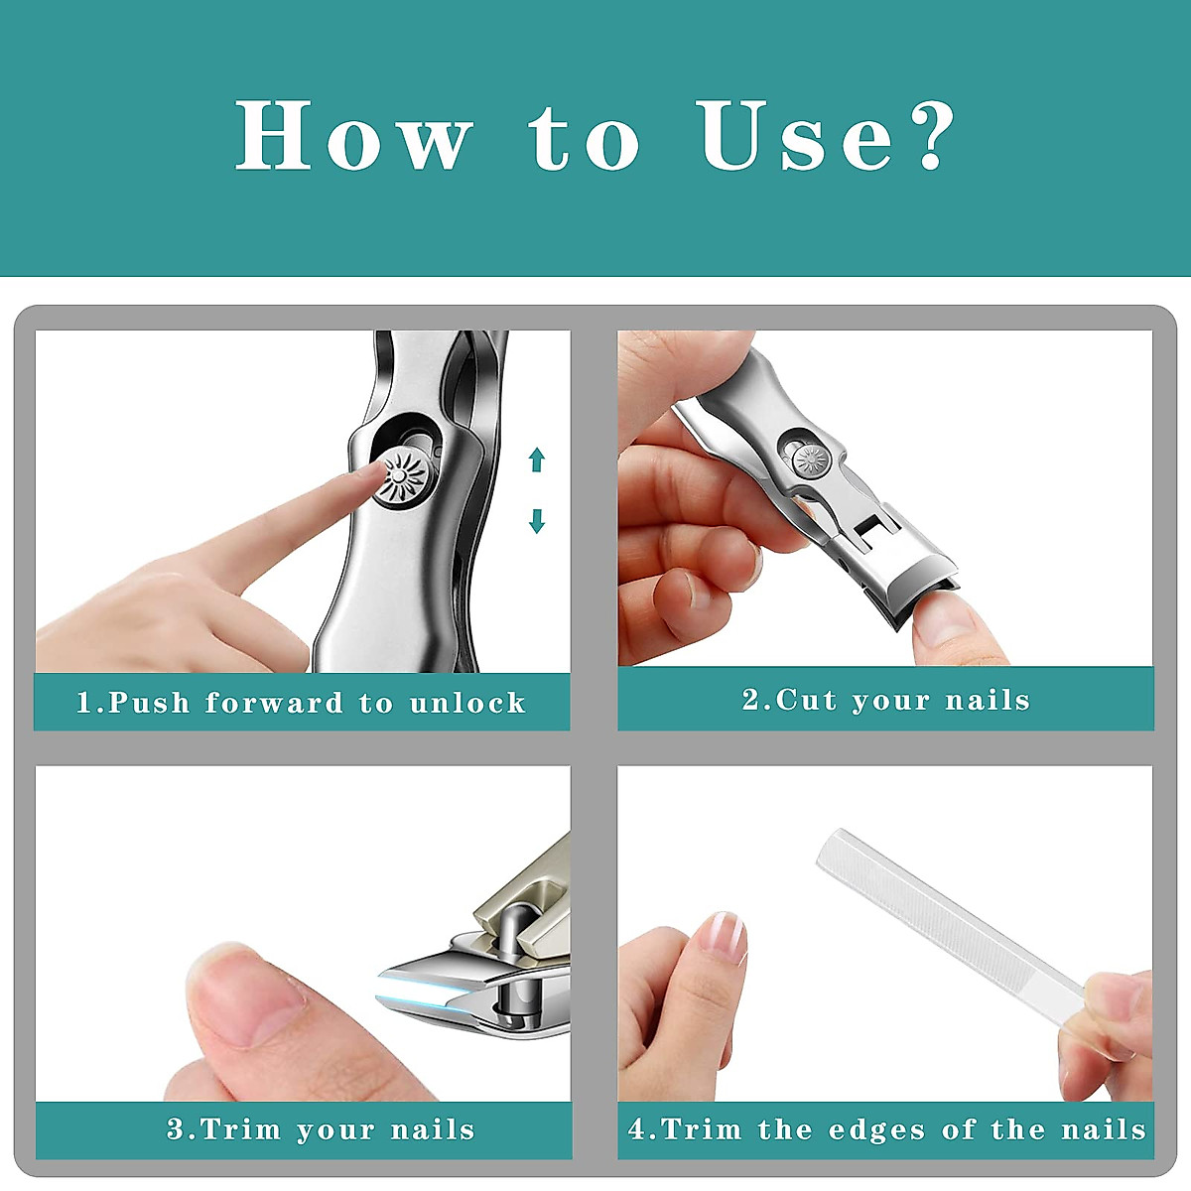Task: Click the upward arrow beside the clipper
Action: pyautogui.click(x=537, y=460)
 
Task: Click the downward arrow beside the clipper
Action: pyautogui.click(x=537, y=520)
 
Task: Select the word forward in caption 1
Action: pyautogui.click(x=274, y=703)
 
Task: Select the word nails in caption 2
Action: pyautogui.click(x=988, y=700)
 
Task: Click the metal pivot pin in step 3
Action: pyautogui.click(x=506, y=933)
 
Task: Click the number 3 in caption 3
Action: pyautogui.click(x=176, y=1129)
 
